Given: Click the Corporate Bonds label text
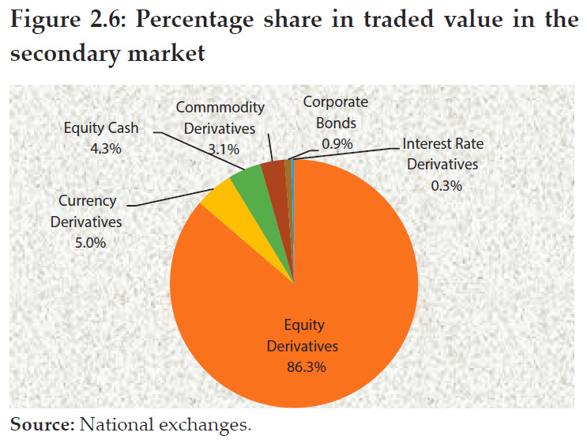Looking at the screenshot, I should (x=336, y=112).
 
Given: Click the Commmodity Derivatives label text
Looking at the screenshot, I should (x=220, y=117).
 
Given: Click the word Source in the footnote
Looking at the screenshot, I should (x=40, y=424).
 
